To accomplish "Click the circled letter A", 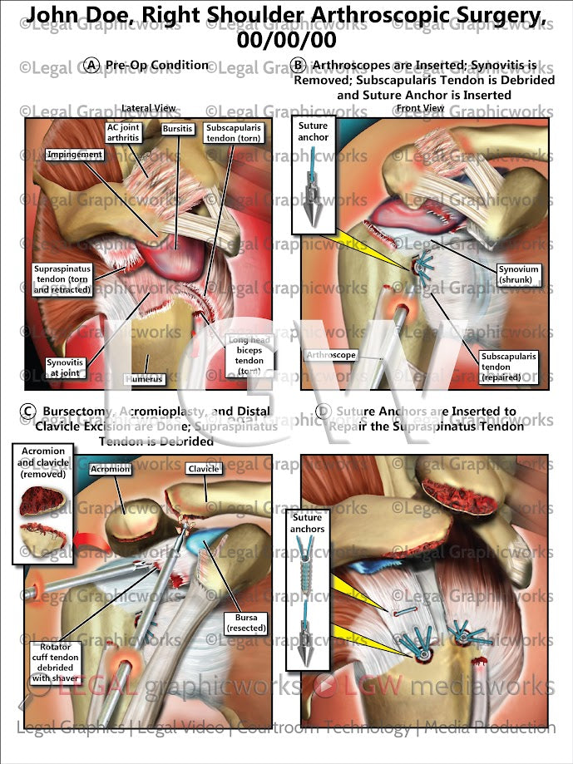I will tap(92, 65).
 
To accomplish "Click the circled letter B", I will tap(298, 65).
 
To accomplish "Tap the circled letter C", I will tap(28, 411).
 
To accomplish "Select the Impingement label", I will tap(75, 155).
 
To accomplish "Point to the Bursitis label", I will tap(178, 130).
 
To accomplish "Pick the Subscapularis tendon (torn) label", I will tap(235, 133).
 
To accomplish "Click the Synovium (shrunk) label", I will tap(519, 274).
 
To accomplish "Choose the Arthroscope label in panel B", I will tap(331, 355).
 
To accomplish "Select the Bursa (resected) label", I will tap(245, 623).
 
